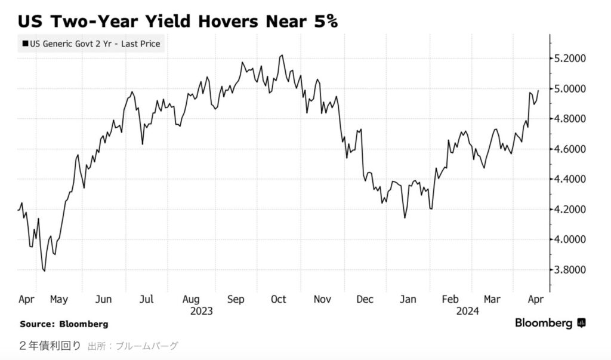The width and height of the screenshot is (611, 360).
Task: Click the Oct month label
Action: click(279, 299)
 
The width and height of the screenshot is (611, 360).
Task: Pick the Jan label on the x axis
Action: click(408, 299)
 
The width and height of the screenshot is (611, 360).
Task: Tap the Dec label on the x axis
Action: click(365, 299)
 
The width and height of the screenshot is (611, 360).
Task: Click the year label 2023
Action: click(202, 311)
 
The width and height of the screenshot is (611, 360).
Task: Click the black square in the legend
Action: click(24, 44)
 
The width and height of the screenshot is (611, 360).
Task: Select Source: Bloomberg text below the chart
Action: click(64, 324)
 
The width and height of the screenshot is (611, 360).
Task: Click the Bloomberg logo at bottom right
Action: click(550, 323)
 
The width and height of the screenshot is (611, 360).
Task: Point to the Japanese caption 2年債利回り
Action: click(50, 346)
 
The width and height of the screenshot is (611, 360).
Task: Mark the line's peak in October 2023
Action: click(282, 56)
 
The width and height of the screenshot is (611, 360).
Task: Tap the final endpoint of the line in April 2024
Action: click(538, 91)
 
